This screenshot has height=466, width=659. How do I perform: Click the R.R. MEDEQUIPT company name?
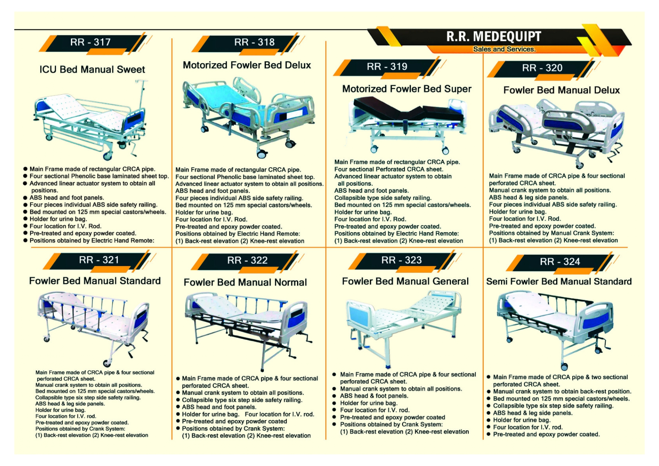(x=493, y=36)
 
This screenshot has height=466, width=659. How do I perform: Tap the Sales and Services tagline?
(x=504, y=49)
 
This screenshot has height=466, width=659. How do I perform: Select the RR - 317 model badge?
(x=90, y=42)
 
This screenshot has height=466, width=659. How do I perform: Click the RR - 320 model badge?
(x=542, y=68)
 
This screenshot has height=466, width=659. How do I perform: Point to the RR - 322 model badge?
(x=247, y=260)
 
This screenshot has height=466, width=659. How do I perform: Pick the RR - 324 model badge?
(x=559, y=262)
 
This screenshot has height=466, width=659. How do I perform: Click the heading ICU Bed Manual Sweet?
(x=92, y=70)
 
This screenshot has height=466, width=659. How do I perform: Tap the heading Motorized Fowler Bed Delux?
(x=247, y=65)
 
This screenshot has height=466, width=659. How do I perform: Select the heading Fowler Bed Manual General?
(x=405, y=281)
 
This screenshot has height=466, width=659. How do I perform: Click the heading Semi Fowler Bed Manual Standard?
(x=559, y=282)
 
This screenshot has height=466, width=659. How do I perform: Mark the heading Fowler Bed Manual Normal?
(x=245, y=283)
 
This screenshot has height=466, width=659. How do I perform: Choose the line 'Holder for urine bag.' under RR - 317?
(x=58, y=219)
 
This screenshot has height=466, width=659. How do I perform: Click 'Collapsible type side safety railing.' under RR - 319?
(x=383, y=198)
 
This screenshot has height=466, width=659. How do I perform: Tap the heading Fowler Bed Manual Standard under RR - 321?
(x=95, y=281)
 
